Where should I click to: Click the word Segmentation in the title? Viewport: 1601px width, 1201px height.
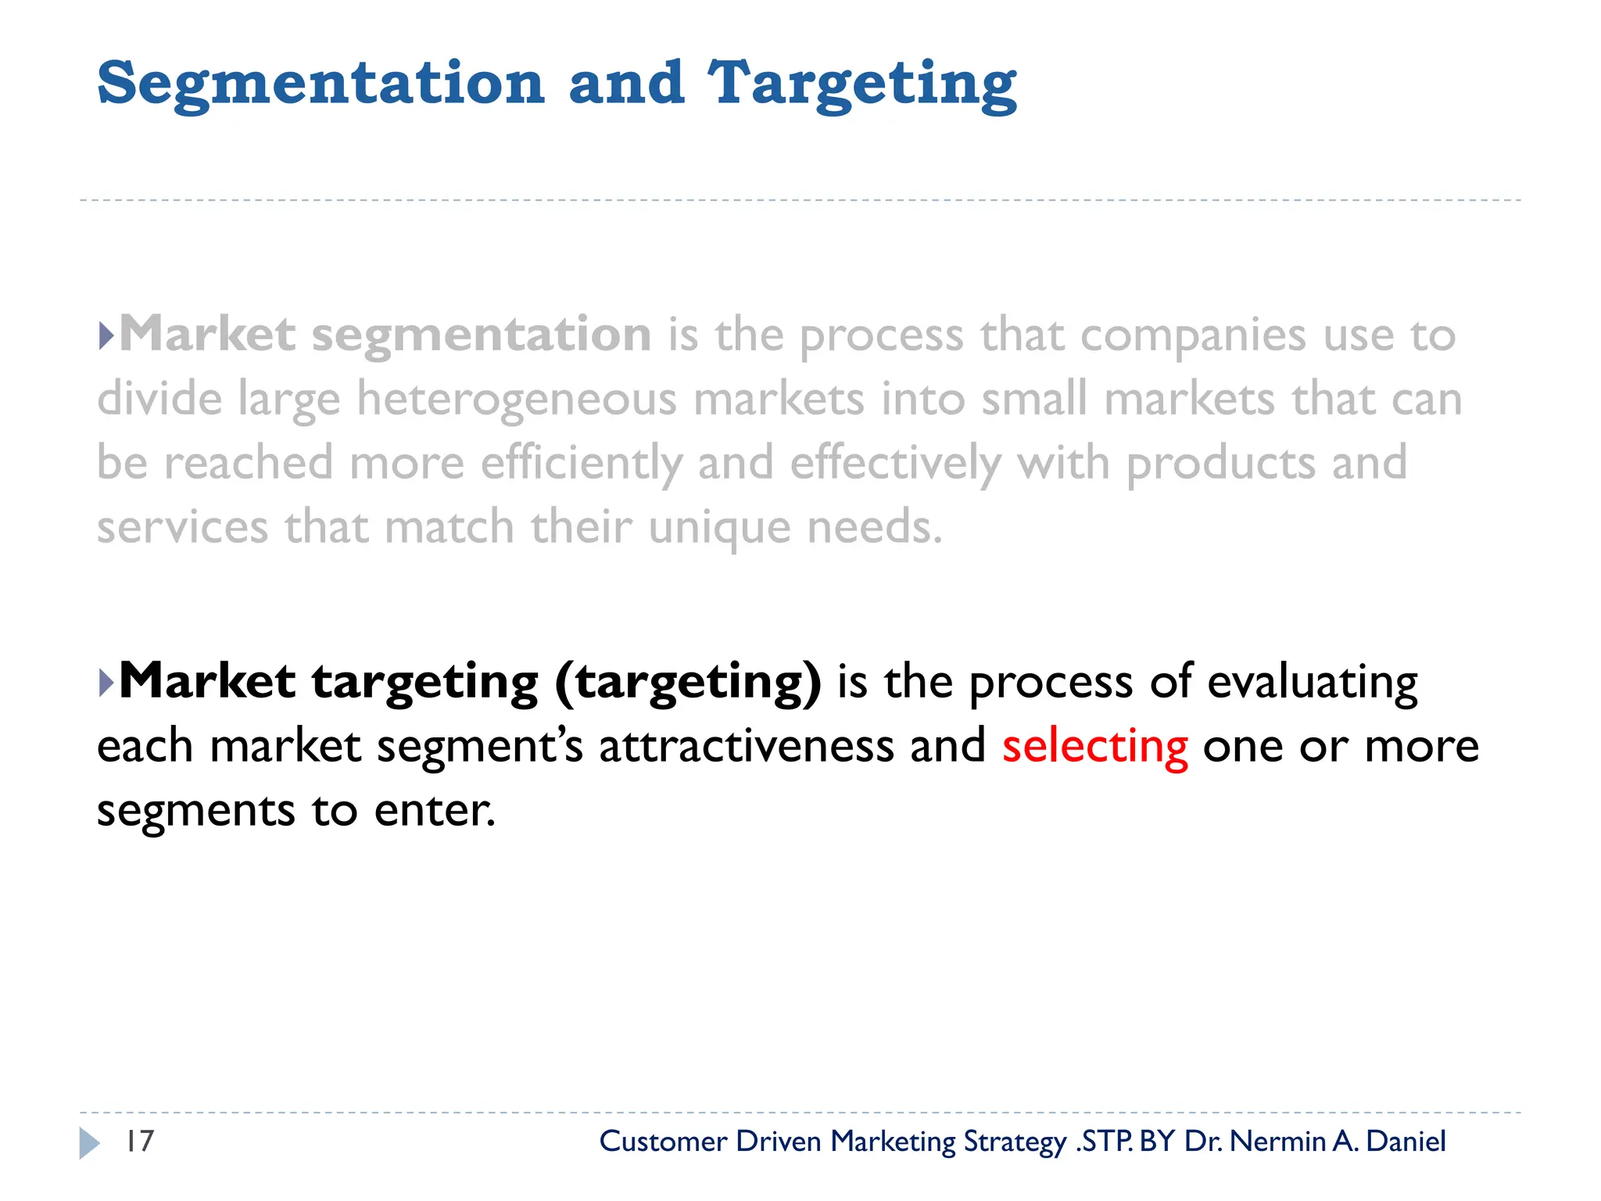(x=321, y=84)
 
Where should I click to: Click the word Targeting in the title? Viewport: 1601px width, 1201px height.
(x=861, y=84)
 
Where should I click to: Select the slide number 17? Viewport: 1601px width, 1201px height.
(x=140, y=1142)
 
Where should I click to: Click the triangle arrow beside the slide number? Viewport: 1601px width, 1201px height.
(x=90, y=1143)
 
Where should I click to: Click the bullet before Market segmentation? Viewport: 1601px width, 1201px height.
(x=107, y=336)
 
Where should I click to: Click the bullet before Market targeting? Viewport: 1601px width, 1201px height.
(x=107, y=683)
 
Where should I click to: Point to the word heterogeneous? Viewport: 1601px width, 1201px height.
(x=517, y=400)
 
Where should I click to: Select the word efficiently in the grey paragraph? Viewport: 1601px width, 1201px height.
(x=581, y=463)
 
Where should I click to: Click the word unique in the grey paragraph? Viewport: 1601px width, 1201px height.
(x=719, y=527)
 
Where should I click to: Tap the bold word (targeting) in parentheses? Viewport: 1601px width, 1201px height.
(x=688, y=682)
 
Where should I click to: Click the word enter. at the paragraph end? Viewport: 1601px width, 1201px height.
(x=435, y=810)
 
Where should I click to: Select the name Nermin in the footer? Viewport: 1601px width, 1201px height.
(x=1277, y=1142)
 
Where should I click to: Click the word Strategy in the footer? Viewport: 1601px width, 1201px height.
(x=1015, y=1142)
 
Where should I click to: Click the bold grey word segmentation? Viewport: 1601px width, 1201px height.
(x=481, y=335)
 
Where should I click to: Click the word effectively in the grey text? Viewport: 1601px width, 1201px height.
(x=895, y=463)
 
